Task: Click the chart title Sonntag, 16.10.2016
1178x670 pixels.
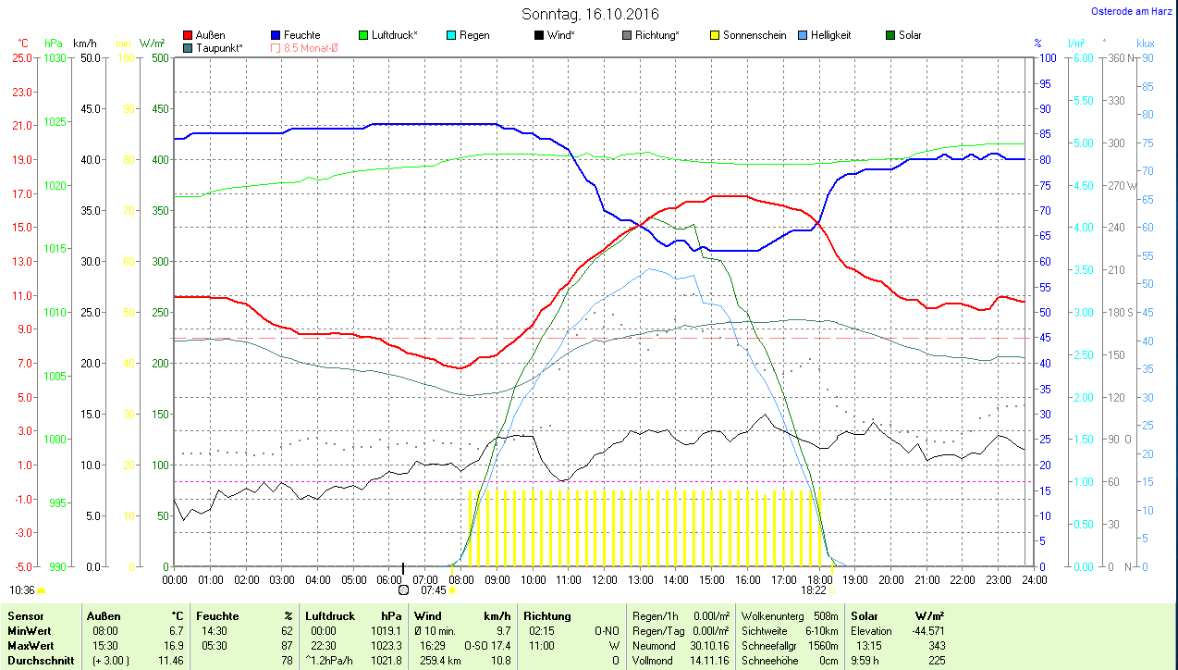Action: pos(590,14)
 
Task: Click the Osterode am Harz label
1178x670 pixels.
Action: pos(1131,12)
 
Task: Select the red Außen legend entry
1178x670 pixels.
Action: pos(204,35)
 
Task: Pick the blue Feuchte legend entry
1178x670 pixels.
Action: pos(296,35)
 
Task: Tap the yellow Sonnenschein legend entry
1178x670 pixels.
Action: pos(748,35)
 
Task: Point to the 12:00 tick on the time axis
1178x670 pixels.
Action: pos(604,580)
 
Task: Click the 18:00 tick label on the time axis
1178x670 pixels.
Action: pos(819,580)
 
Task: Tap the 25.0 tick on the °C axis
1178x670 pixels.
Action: pos(21,58)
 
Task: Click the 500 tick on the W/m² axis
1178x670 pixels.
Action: pos(160,58)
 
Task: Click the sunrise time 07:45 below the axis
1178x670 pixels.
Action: pos(434,589)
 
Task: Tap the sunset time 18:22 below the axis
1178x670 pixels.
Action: pos(814,589)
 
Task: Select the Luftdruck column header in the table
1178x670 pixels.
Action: pos(330,615)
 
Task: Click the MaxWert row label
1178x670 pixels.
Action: pos(31,646)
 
